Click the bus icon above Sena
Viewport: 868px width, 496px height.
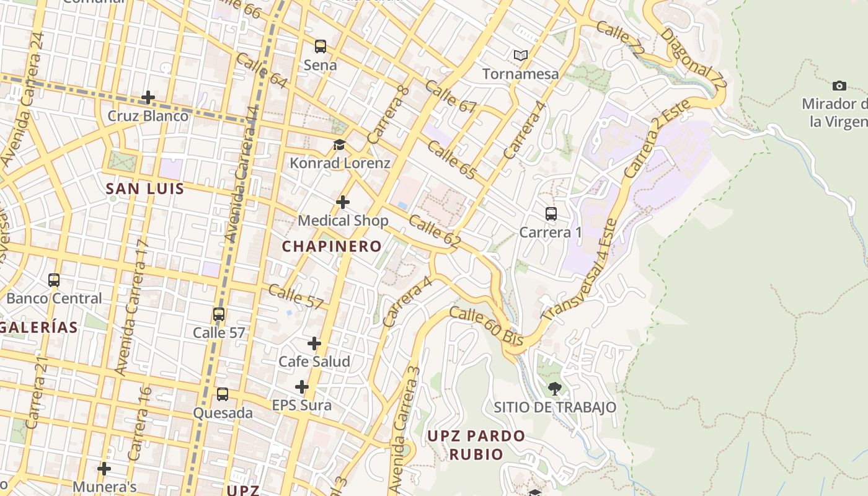[320, 46]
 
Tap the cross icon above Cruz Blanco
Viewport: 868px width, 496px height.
[148, 97]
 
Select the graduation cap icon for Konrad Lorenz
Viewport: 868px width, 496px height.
[339, 145]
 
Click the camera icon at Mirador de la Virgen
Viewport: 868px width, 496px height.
[839, 86]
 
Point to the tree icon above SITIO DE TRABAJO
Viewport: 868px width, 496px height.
[555, 389]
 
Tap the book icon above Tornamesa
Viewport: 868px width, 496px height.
[521, 56]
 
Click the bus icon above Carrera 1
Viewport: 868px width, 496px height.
[551, 214]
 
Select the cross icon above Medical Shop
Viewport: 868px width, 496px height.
[343, 202]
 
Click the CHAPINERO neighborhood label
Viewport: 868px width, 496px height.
[332, 246]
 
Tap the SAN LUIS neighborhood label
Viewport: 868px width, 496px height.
[145, 188]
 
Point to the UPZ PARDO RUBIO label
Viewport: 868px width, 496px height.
[476, 445]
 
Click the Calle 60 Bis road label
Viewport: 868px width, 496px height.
[486, 327]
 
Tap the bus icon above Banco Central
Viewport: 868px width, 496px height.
[54, 280]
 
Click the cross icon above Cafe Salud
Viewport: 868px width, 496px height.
[314, 343]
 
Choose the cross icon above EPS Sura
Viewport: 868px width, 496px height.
[302, 387]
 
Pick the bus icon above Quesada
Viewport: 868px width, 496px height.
[222, 394]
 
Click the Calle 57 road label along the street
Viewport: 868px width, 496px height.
[296, 296]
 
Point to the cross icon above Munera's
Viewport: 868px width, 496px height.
[104, 468]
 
